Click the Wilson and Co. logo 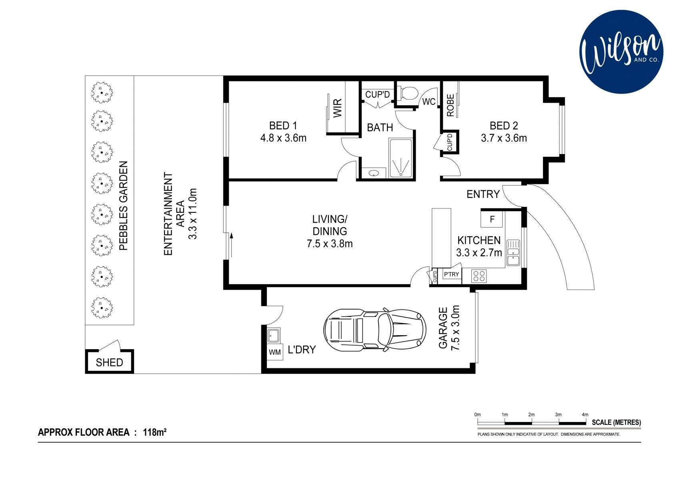(621, 52)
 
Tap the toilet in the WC (408, 92)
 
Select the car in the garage (375, 330)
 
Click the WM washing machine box (275, 352)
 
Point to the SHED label (109, 362)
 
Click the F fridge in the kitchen (492, 219)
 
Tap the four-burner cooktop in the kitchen (479, 276)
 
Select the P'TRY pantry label (451, 274)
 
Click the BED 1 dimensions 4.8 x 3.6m (283, 138)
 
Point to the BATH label (380, 128)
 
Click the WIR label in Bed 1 (337, 108)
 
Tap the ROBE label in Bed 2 (451, 105)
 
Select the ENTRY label (483, 194)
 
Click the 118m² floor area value (154, 432)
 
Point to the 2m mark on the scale (531, 414)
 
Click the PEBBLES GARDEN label (123, 206)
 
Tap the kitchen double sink (513, 253)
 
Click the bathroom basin (373, 173)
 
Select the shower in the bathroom (401, 158)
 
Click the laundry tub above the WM (274, 335)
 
